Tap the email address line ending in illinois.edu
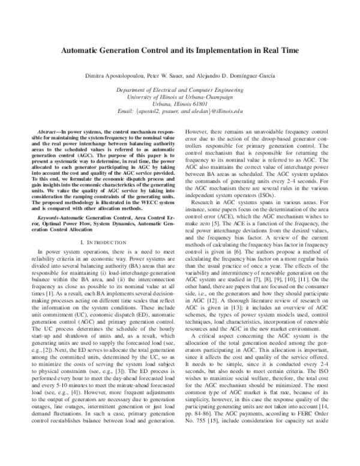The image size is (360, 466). tap(180, 111)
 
